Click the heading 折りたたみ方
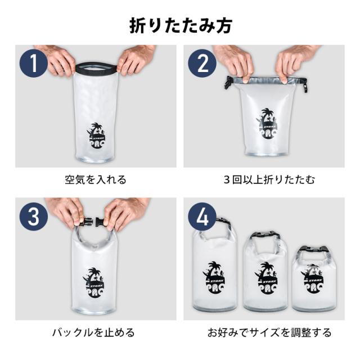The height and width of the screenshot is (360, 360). pos(181,26)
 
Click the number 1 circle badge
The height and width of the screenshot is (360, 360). pos(34,63)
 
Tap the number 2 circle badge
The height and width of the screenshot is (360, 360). pos(202,63)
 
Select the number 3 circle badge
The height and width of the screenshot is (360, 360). pos(34,217)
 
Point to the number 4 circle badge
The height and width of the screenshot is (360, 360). pos(202,217)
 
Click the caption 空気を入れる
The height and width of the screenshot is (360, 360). pos(96,179)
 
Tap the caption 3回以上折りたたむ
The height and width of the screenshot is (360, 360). pos(269,179)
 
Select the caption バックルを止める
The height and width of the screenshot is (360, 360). pos(93,332)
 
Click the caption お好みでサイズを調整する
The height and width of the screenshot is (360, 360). pos(269,332)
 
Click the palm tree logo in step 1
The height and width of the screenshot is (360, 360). pos(96,135)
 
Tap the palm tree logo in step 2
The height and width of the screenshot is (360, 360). pos(267,124)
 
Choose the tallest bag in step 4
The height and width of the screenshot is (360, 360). pos(215,264)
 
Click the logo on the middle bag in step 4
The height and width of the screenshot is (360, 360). pos(266,278)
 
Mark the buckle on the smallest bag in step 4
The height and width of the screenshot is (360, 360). pos(314,249)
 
